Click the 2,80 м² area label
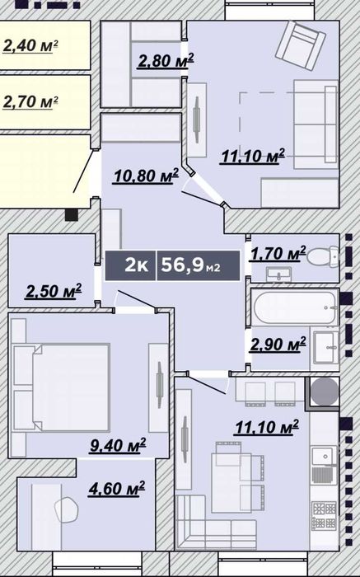tap(166, 61)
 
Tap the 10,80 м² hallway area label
tap(146, 176)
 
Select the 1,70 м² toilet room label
tap(278, 253)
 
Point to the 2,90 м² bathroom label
tap(278, 344)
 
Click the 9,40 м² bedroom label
tap(118, 445)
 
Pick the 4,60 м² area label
tap(116, 488)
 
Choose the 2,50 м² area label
tap(54, 291)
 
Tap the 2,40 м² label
tap(30, 45)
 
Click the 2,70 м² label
tap(30, 101)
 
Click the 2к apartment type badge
tap(130, 265)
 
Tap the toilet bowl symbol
tap(322, 256)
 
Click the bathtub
tap(295, 307)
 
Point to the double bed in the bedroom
tap(62, 387)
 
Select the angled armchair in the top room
tap(301, 45)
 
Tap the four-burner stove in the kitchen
tap(324, 515)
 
